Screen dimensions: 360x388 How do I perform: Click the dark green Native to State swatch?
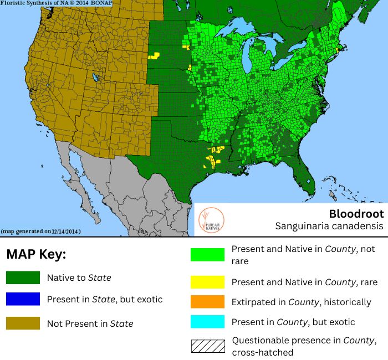23,277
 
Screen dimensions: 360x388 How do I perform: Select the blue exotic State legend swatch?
23,299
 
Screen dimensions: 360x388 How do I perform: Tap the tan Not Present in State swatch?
23,323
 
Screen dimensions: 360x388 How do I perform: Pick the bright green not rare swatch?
207,254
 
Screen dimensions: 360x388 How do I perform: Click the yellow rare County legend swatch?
207,282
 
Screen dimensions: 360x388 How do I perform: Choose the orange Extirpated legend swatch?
207,302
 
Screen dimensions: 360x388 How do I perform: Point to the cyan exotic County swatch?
207,322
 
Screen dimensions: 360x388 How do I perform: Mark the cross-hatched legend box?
207,346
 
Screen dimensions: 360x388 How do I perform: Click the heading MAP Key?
36,255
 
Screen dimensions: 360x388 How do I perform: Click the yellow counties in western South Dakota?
154,55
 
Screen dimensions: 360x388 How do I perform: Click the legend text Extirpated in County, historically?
301,302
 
